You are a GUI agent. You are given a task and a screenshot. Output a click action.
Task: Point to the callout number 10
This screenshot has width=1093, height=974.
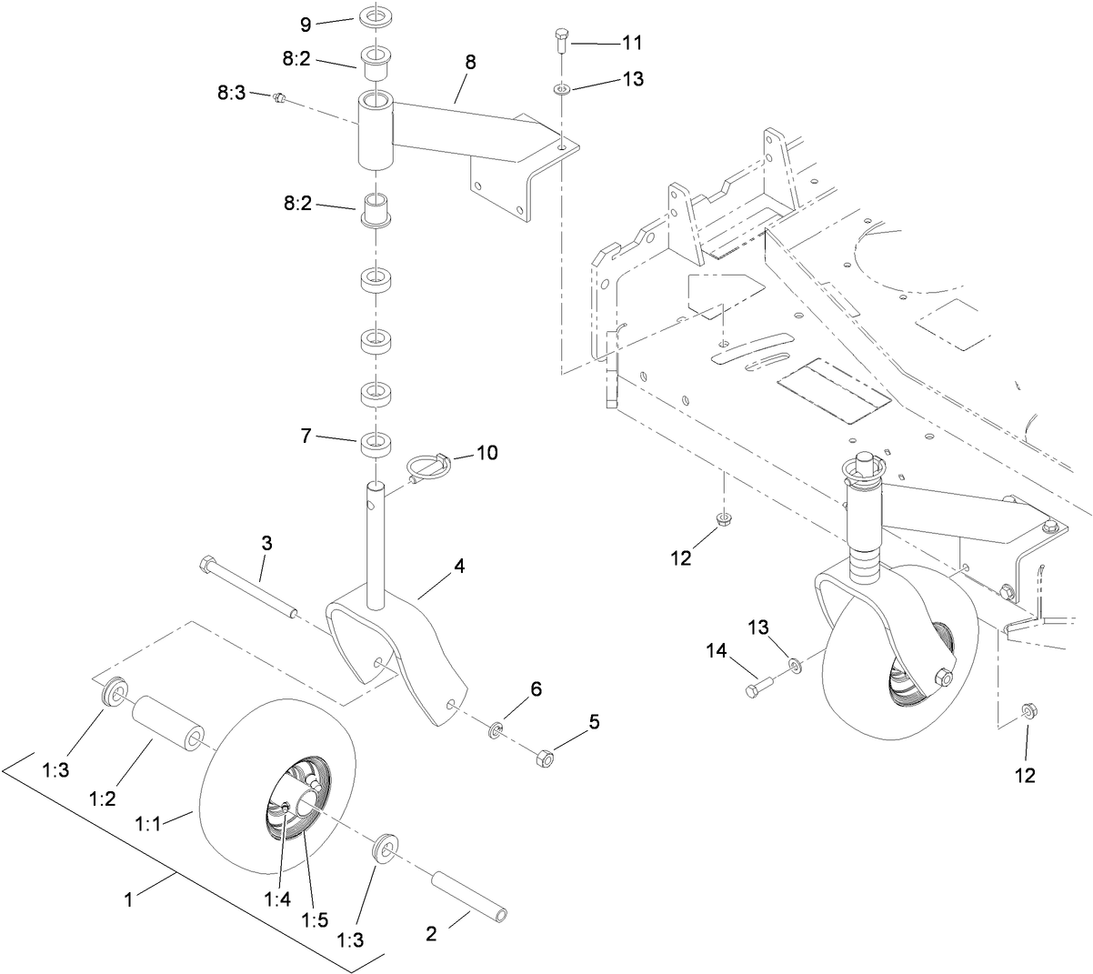pyautogui.click(x=487, y=452)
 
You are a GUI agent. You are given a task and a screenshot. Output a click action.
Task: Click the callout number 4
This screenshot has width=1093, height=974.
pyautogui.click(x=459, y=566)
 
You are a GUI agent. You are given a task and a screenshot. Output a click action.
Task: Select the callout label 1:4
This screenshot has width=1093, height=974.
pyautogui.click(x=276, y=899)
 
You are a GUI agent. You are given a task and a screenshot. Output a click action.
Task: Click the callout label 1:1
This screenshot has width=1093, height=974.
pyautogui.click(x=148, y=824)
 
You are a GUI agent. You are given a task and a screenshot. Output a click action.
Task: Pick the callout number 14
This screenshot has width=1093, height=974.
pyautogui.click(x=717, y=650)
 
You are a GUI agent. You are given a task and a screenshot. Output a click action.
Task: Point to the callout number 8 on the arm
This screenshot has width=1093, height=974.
pyautogui.click(x=470, y=62)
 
